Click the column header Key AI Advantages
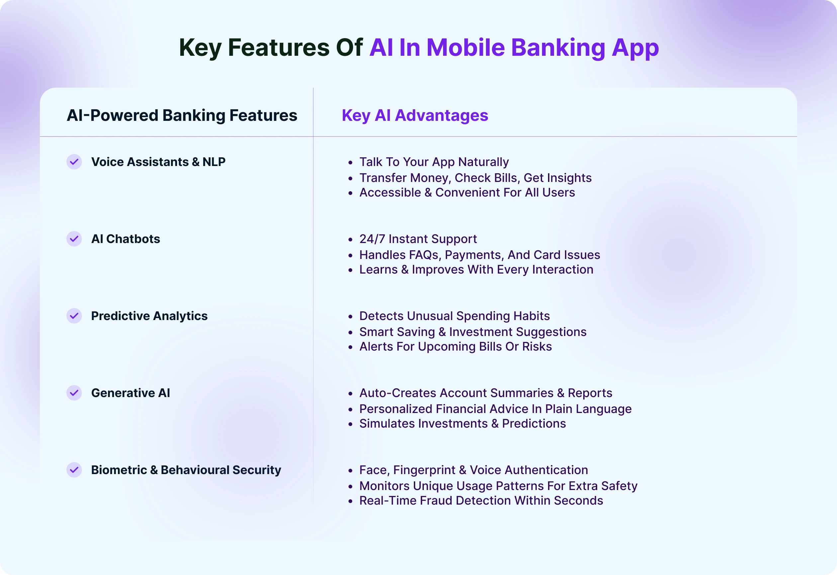(415, 116)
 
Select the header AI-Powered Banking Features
(182, 116)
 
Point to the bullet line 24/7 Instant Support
(418, 239)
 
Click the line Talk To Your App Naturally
(434, 162)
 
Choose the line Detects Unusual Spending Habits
(455, 316)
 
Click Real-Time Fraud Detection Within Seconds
(481, 500)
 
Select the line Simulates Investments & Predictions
(462, 423)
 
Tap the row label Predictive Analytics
(149, 316)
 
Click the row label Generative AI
(131, 393)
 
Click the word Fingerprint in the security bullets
(424, 470)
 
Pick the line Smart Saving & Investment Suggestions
(473, 332)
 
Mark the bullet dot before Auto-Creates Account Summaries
(350, 394)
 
